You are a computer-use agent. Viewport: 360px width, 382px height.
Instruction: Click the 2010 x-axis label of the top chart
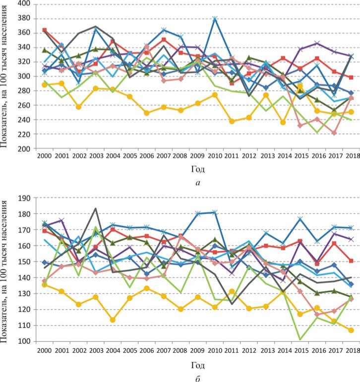[214, 157]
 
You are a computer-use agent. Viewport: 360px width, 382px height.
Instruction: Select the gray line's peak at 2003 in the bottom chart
[96, 209]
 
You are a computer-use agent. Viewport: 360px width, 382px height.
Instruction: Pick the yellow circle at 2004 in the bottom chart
[113, 320]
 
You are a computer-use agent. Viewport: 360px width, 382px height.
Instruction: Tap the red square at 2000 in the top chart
[45, 30]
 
